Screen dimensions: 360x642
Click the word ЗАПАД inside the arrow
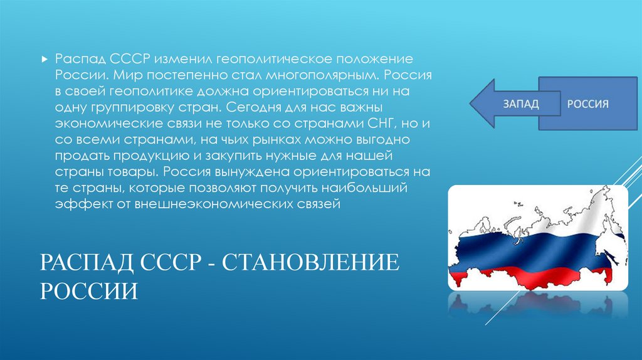(x=520, y=103)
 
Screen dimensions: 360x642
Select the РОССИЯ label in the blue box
(x=587, y=103)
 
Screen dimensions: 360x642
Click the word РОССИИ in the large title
(x=90, y=290)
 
